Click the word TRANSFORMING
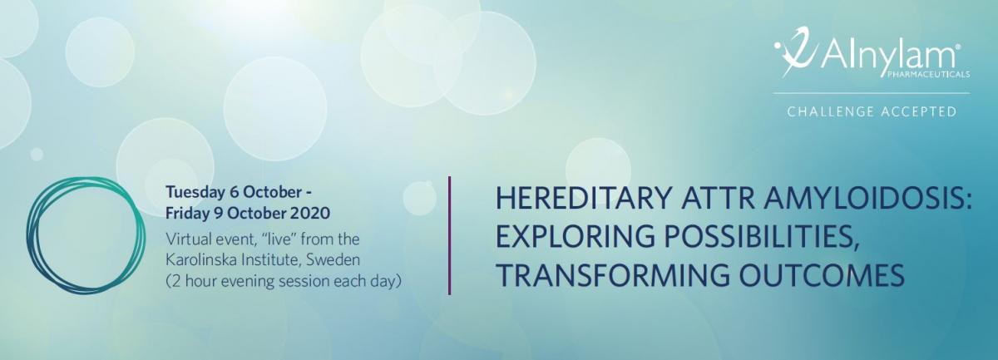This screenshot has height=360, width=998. click(x=613, y=274)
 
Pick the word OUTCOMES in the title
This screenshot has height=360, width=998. click(x=822, y=274)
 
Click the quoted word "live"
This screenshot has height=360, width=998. click(x=279, y=239)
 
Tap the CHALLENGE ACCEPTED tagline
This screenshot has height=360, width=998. click(x=872, y=111)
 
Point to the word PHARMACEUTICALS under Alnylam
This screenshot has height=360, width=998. click(x=928, y=74)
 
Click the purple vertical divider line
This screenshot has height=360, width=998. click(x=450, y=235)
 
